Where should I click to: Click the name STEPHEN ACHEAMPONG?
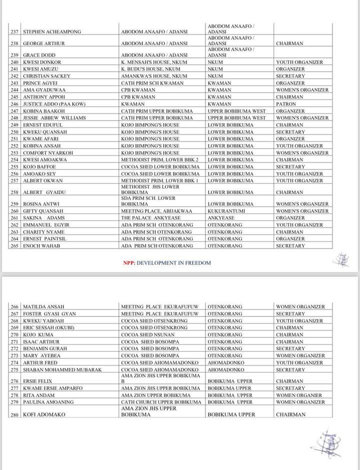[x=52, y=32]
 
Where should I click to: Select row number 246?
[x=14, y=104]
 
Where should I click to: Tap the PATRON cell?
[x=284, y=104]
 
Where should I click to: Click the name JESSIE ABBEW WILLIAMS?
[x=55, y=118]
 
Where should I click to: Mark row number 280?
[x=14, y=414]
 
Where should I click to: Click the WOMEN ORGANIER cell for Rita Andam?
[x=299, y=395]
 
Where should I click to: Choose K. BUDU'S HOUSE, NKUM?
[x=150, y=69]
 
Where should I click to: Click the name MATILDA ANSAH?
[x=43, y=307]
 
